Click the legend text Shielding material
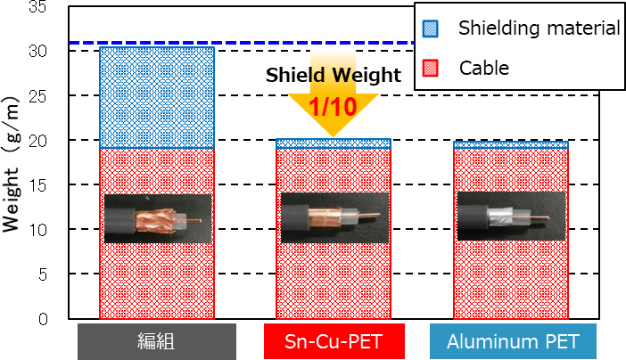539,28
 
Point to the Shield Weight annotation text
334,76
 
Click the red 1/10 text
332,106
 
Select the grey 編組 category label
156,341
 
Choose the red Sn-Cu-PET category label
334,341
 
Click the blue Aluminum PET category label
512,341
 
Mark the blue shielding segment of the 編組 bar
156,97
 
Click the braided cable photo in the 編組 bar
157,218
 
